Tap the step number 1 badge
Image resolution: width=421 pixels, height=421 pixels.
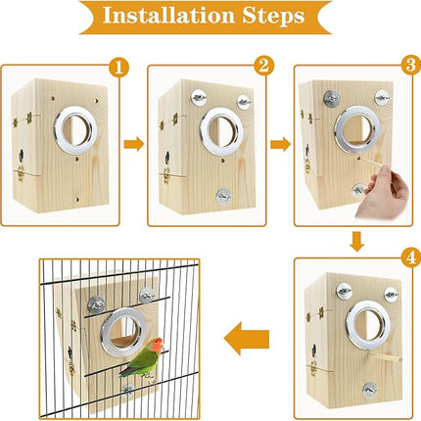(118, 68)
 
